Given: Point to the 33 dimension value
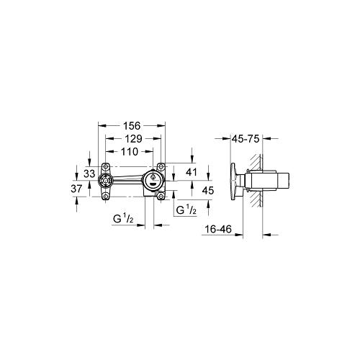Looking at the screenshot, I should (x=89, y=173).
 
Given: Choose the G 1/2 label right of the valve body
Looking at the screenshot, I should (x=189, y=210).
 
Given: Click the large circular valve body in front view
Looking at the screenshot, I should (x=154, y=180).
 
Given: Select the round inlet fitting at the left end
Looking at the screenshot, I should (x=107, y=180).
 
